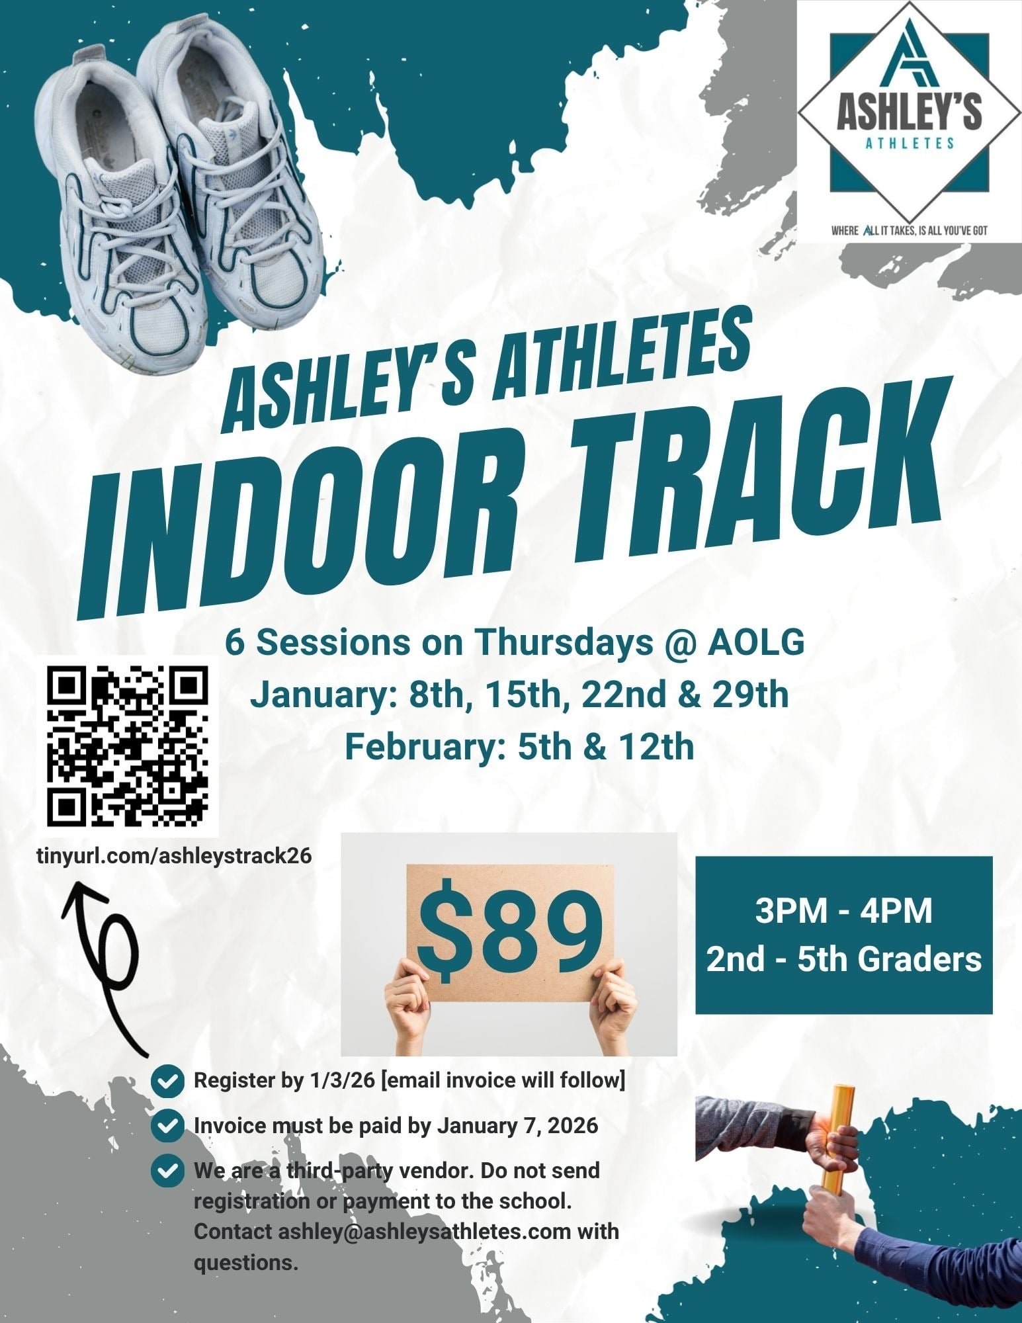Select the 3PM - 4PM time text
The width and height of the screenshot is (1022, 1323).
(843, 910)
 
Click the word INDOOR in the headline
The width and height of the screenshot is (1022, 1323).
(324, 529)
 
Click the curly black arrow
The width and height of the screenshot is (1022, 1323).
(106, 953)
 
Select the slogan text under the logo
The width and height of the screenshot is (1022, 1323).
(910, 232)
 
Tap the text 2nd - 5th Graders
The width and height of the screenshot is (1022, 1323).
(843, 959)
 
